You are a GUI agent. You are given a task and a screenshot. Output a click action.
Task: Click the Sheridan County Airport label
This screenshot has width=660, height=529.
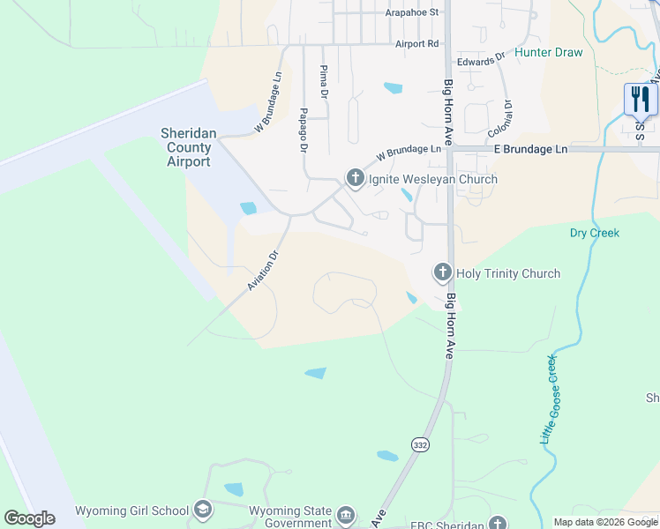pyautogui.click(x=185, y=147)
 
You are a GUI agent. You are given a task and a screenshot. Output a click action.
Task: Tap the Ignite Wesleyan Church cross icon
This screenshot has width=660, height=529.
pyautogui.click(x=355, y=179)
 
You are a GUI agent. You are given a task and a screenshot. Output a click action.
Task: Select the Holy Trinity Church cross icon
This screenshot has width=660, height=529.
pyautogui.click(x=442, y=273)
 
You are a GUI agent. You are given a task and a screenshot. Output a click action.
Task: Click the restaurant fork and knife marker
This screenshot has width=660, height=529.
pyautogui.click(x=641, y=99)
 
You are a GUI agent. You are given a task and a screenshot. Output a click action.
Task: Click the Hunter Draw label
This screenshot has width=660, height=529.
pyautogui.click(x=549, y=53)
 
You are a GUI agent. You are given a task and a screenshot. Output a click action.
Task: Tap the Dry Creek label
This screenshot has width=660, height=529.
pyautogui.click(x=595, y=233)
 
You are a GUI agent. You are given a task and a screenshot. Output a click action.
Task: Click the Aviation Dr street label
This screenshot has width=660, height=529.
pyautogui.click(x=263, y=271)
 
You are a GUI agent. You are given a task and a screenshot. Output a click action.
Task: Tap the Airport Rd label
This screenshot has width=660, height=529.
pyautogui.click(x=417, y=43)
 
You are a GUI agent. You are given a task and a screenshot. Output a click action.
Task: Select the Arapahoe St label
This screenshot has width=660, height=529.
pyautogui.click(x=412, y=13)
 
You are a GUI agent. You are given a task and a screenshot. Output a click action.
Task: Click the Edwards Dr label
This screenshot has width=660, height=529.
pyautogui.click(x=480, y=61)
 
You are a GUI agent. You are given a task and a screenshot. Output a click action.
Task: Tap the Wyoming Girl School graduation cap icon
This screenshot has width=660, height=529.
pyautogui.click(x=203, y=510)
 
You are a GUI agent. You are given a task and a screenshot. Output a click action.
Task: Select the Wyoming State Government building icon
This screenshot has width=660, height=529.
pyautogui.click(x=346, y=514)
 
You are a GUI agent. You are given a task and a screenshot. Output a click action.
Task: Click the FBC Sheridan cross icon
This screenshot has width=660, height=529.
pyautogui.click(x=499, y=523)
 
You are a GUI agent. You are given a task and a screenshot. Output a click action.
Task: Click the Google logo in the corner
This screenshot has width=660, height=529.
pyautogui.click(x=29, y=518)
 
